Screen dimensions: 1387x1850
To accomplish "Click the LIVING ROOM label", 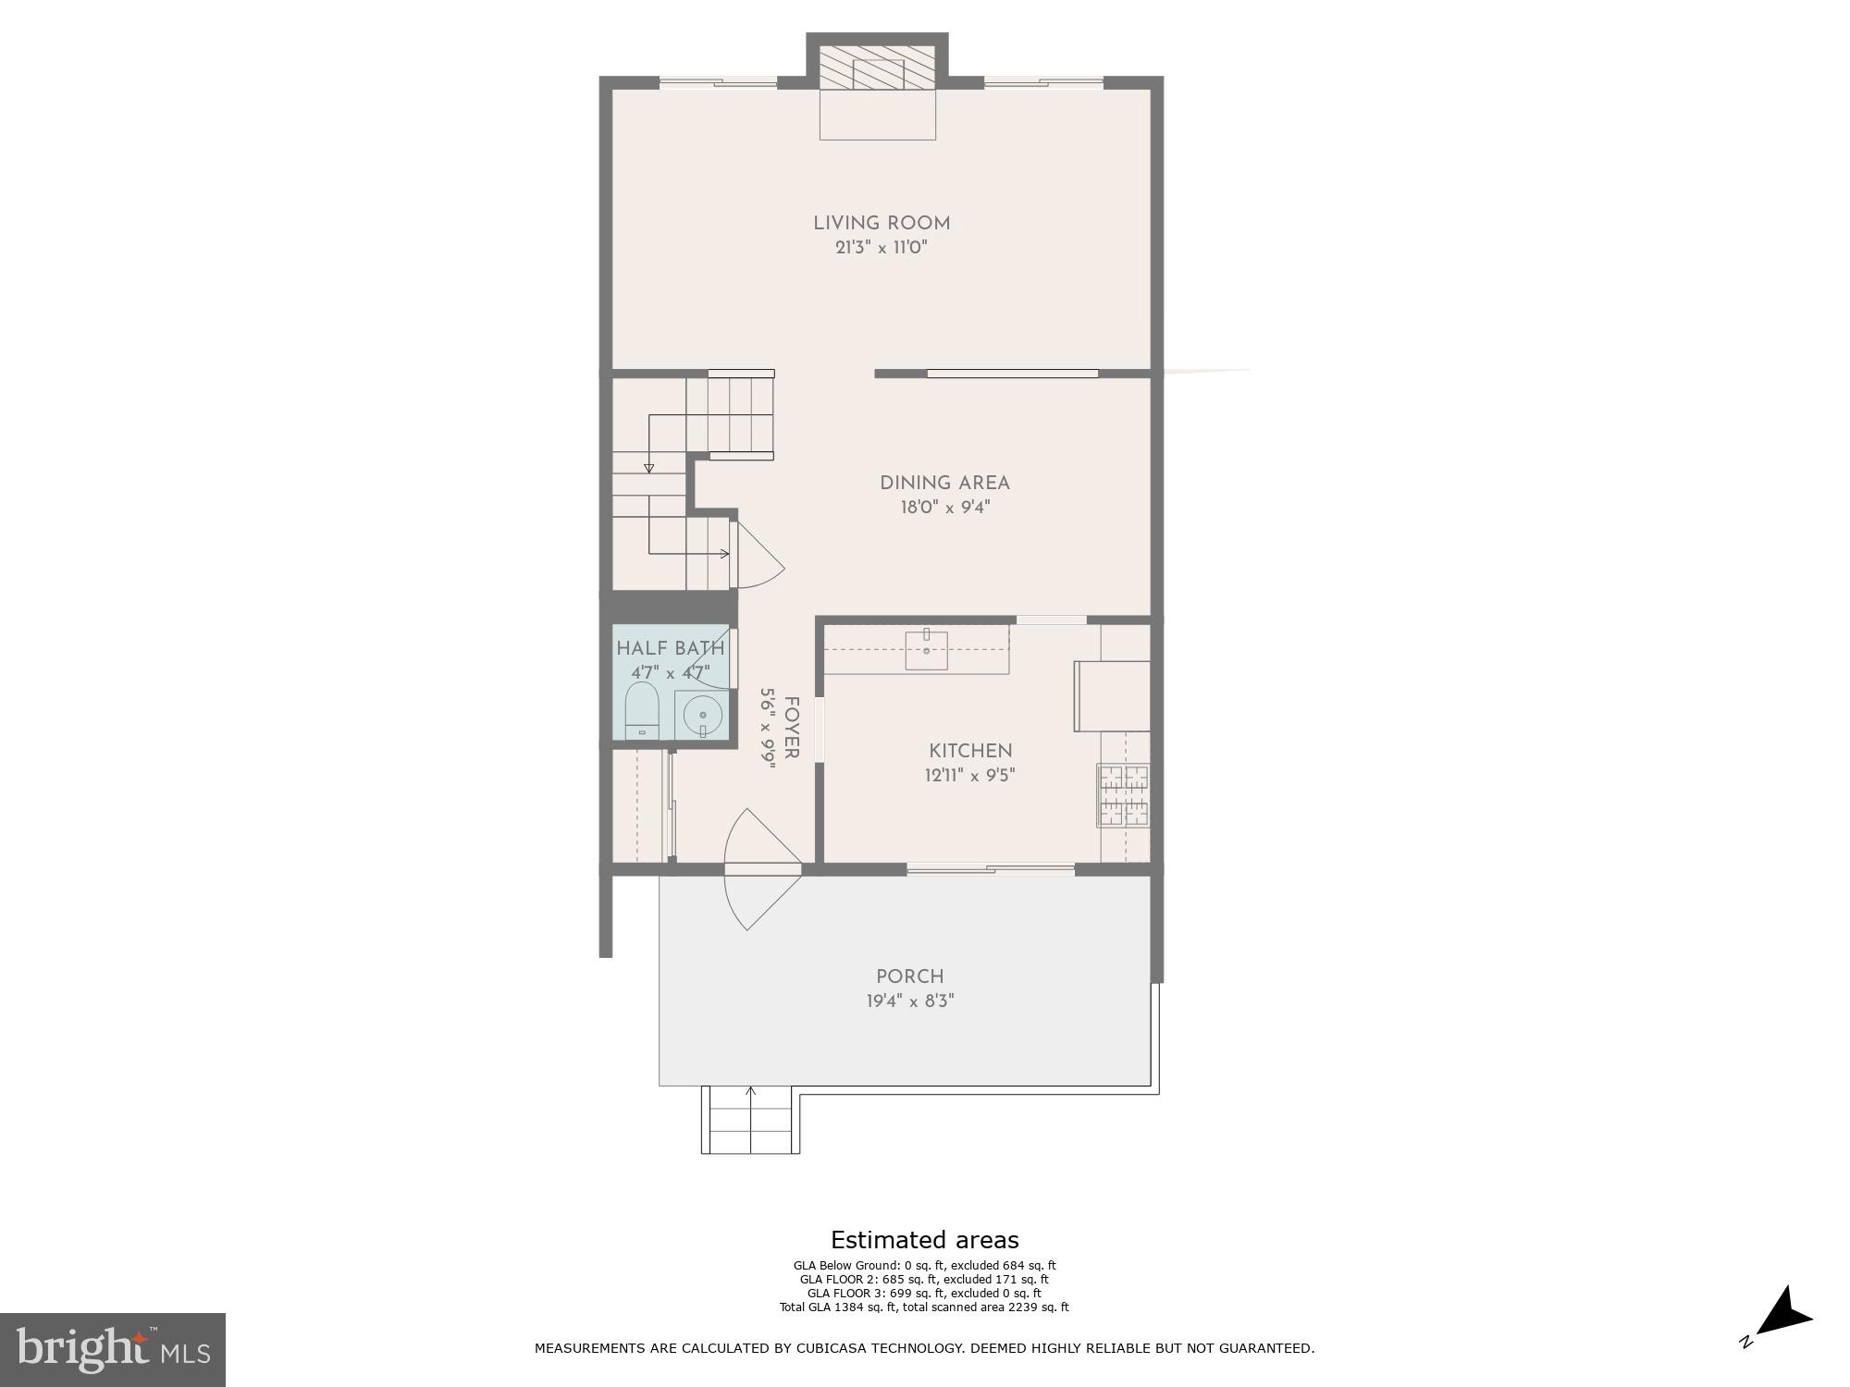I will pyautogui.click(x=882, y=223).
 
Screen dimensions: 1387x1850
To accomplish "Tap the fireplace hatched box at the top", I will pyautogui.click(x=877, y=68).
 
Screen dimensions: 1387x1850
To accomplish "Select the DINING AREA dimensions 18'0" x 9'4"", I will pyautogui.click(x=944, y=508).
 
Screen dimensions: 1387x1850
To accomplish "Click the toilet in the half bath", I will pyautogui.click(x=642, y=711).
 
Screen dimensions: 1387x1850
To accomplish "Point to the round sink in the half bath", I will pyautogui.click(x=703, y=716).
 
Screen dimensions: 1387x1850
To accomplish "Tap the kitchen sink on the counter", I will pyautogui.click(x=926, y=649).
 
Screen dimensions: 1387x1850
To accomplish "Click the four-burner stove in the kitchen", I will pyautogui.click(x=1123, y=795).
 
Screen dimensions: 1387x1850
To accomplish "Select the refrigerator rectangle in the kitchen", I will pyautogui.click(x=1111, y=696).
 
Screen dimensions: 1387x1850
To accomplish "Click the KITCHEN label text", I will pyautogui.click(x=970, y=751).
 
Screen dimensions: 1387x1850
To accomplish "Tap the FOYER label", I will pyautogui.click(x=791, y=729).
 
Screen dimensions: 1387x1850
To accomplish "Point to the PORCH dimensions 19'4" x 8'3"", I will pyautogui.click(x=910, y=1001).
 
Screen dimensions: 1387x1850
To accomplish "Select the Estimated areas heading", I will pyautogui.click(x=924, y=1240).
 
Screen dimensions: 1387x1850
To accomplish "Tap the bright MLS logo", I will pyautogui.click(x=112, y=1349).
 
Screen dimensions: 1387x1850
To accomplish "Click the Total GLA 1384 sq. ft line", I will pyautogui.click(x=924, y=1307).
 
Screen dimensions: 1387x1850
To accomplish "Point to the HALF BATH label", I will pyautogui.click(x=671, y=648).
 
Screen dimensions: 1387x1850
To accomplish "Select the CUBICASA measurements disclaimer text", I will pyautogui.click(x=924, y=1348).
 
